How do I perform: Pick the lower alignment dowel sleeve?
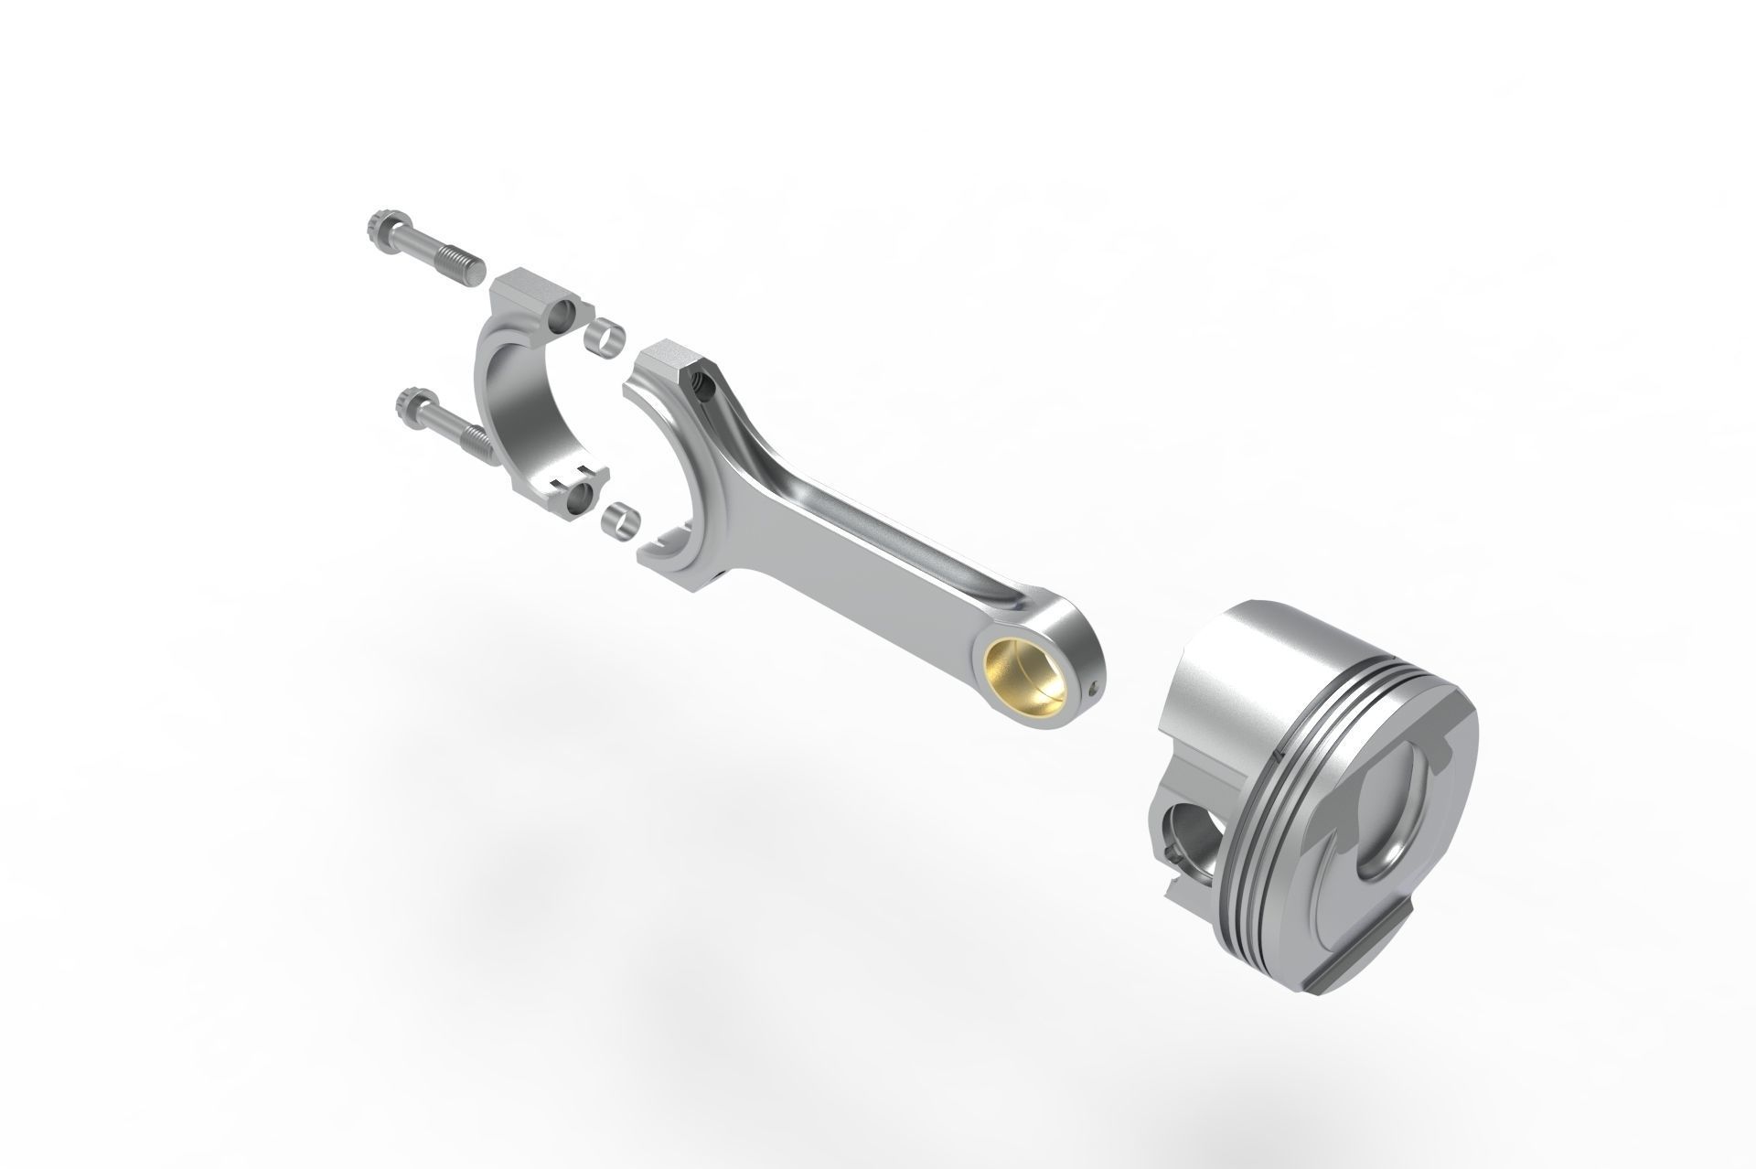click(x=620, y=520)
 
